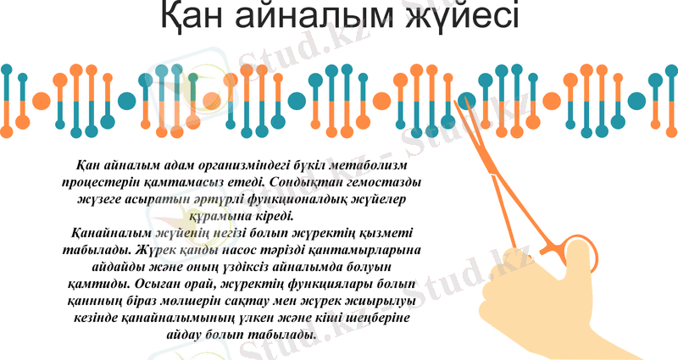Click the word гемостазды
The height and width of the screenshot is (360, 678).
pyautogui.click(x=386, y=180)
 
